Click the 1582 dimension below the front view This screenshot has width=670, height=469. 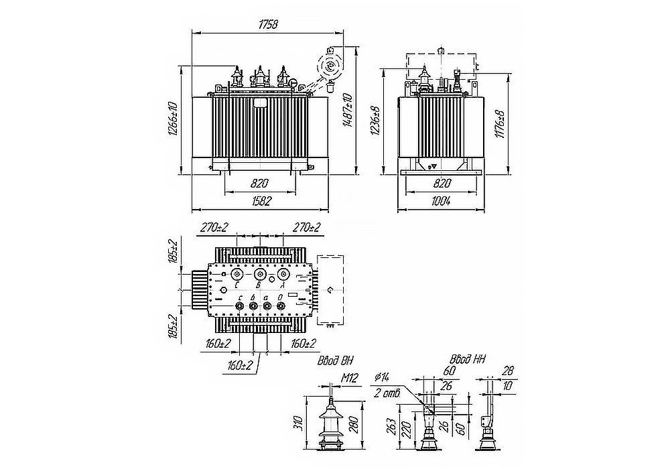click(260, 201)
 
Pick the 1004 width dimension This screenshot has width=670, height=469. click(441, 201)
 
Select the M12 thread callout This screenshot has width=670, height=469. click(350, 379)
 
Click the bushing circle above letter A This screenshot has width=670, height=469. click(284, 275)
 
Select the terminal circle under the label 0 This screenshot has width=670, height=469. click(281, 307)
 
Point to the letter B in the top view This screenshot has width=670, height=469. click(259, 286)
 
